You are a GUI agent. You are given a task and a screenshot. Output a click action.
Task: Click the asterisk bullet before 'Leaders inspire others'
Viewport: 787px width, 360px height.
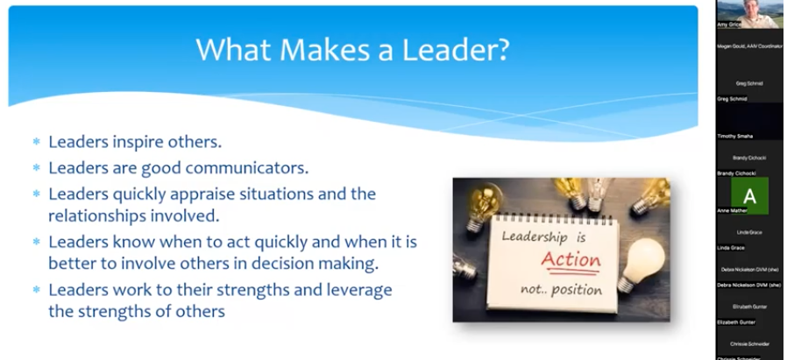click(37, 142)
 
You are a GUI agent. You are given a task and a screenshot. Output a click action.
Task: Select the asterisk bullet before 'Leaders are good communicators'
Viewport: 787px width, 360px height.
click(37, 167)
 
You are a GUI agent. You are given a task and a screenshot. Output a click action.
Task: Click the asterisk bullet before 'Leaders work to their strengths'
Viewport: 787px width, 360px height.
click(37, 290)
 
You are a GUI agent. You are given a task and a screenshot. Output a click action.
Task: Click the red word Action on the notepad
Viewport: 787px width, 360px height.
click(571, 260)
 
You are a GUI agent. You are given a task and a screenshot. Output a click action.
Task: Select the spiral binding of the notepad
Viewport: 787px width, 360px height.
click(543, 215)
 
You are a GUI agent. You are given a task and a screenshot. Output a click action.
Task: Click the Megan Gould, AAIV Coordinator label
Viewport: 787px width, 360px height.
click(749, 46)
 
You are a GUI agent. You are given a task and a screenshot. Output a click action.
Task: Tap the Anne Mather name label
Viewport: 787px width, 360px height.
click(733, 210)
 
